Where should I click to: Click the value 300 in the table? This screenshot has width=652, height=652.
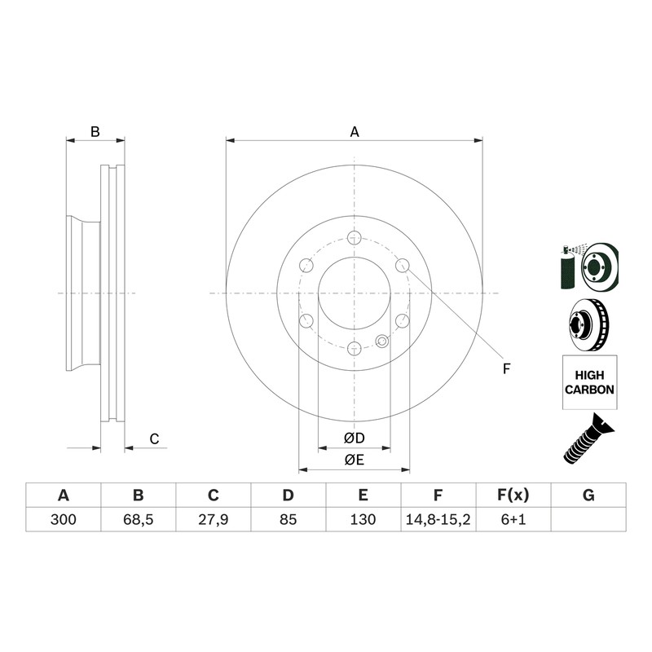tap(64, 520)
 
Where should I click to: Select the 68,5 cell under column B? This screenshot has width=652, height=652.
tap(138, 520)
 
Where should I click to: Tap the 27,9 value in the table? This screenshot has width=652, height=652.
tap(213, 520)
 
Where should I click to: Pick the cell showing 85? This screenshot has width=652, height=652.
tap(288, 520)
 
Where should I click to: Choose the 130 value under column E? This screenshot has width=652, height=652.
tap(363, 520)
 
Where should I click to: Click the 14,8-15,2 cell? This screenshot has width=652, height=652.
tap(438, 520)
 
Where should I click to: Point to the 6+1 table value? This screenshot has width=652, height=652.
tap(513, 520)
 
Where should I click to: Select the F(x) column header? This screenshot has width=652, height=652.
tap(513, 496)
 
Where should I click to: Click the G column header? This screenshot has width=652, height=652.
tap(588, 496)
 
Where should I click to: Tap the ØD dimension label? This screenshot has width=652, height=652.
tap(355, 438)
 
